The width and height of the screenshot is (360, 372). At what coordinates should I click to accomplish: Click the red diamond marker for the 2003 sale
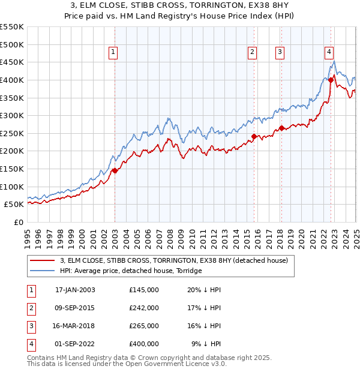tap(115, 170)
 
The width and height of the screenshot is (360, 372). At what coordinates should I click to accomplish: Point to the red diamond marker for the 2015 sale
tap(253, 136)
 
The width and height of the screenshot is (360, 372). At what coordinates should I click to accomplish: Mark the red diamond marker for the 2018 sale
tap(281, 128)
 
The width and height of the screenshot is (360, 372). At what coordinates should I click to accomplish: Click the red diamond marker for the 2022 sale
tap(331, 80)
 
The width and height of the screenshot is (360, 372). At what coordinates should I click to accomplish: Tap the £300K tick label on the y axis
tap(12, 115)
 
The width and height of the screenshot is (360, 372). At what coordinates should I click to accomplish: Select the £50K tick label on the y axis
tap(14, 204)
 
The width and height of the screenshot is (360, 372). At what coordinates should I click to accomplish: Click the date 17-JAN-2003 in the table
tap(75, 290)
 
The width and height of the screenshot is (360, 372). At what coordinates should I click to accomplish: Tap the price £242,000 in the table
tap(144, 308)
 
